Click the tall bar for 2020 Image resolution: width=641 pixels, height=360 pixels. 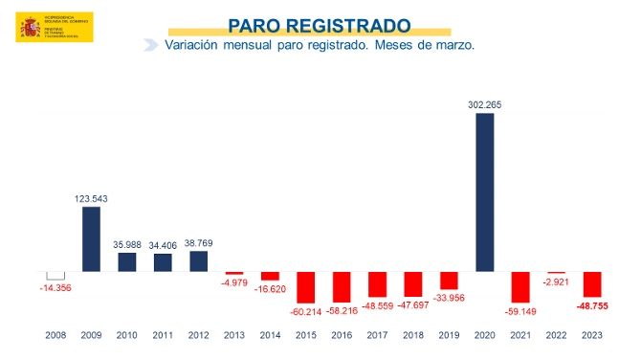[485, 192]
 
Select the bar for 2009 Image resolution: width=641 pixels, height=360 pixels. [91, 239]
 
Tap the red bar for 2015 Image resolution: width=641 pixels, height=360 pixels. [305, 286]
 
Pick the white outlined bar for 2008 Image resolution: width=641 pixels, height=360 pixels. [55, 276]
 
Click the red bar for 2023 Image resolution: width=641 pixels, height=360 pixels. [592, 284]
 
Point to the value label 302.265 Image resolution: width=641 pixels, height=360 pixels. [485, 105]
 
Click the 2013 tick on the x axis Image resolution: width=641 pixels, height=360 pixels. [234, 335]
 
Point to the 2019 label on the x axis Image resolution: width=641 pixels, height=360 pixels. [449, 335]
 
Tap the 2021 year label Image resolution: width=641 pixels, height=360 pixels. [520, 335]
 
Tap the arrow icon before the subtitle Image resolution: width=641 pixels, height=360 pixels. [150, 45]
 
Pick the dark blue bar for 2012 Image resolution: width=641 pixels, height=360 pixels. [198, 261]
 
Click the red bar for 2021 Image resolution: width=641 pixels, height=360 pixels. [520, 286]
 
